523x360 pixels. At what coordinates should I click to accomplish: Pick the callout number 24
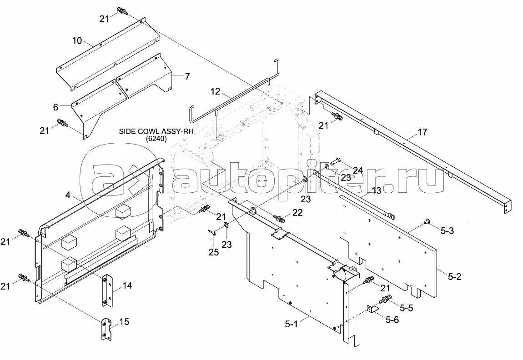[357, 170]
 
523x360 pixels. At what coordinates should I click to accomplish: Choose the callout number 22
[297, 212]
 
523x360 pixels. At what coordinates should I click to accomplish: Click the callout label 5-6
[392, 320]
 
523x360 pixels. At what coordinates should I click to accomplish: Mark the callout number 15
[124, 322]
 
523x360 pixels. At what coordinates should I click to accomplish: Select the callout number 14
[127, 286]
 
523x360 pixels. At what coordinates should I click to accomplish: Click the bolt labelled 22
[281, 220]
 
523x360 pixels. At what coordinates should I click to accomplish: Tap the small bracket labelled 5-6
[371, 310]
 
